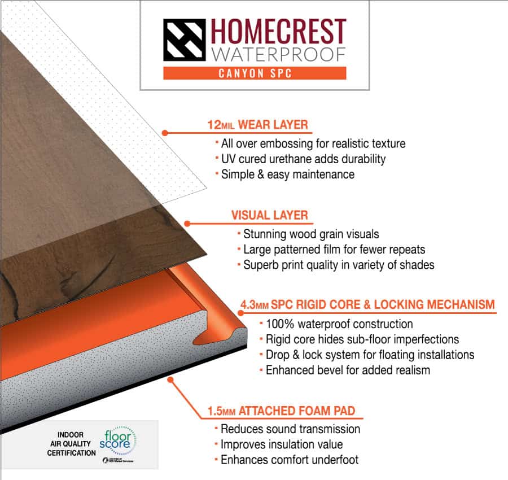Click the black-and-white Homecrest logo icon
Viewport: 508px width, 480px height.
point(184,40)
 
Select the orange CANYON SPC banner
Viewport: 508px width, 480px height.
point(255,73)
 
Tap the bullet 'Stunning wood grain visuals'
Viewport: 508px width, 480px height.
point(311,234)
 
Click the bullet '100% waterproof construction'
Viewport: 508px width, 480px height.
point(339,324)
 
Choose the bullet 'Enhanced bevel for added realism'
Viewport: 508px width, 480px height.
point(348,370)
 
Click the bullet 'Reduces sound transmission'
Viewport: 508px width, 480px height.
point(290,429)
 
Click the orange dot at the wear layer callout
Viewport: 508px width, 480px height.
point(165,133)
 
